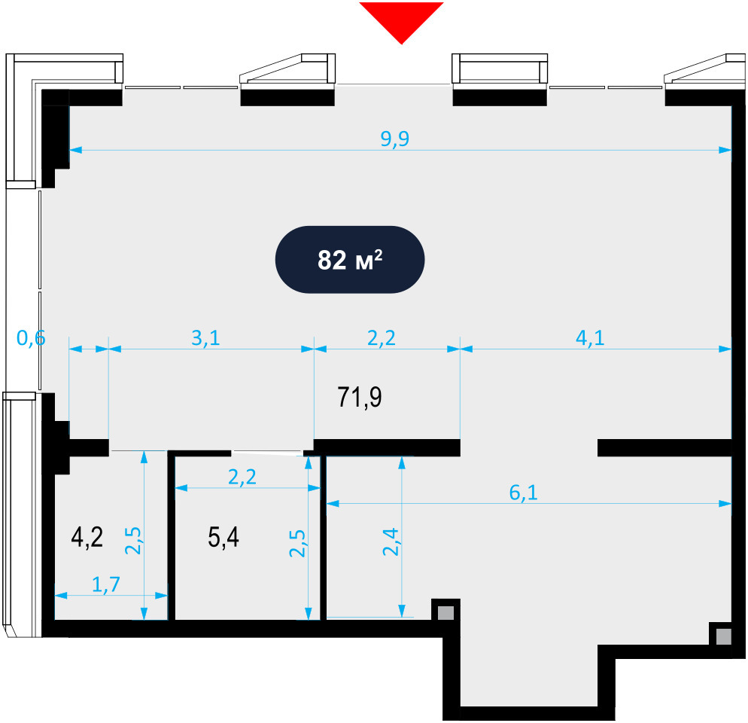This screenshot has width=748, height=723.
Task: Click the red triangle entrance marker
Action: click(401, 19)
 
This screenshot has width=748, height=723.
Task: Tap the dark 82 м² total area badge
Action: click(350, 260)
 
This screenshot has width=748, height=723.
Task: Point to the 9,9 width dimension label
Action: click(395, 139)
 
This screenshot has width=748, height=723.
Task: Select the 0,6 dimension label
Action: click(31, 338)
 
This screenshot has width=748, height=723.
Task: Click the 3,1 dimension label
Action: click(205, 337)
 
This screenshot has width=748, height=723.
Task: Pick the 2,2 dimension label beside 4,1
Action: click(382, 337)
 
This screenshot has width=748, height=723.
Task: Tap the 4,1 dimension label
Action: click(590, 337)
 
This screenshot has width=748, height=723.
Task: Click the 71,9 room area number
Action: click(360, 398)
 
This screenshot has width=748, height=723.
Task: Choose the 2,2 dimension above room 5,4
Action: click(242, 477)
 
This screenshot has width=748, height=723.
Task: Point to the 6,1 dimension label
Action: click(523, 493)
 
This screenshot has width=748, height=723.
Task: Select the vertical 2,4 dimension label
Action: click(391, 541)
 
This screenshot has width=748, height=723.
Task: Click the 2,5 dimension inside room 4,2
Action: click(133, 540)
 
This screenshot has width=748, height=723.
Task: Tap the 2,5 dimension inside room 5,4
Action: click(297, 543)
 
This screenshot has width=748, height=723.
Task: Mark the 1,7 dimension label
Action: click(105, 584)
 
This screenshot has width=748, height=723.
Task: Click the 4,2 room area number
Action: click(87, 537)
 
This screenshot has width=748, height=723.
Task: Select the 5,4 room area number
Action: click(223, 537)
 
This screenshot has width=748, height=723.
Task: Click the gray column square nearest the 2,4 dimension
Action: click(446, 613)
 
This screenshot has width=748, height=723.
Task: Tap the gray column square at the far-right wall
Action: click(724, 636)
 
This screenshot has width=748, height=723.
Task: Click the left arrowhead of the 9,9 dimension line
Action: click(75, 150)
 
